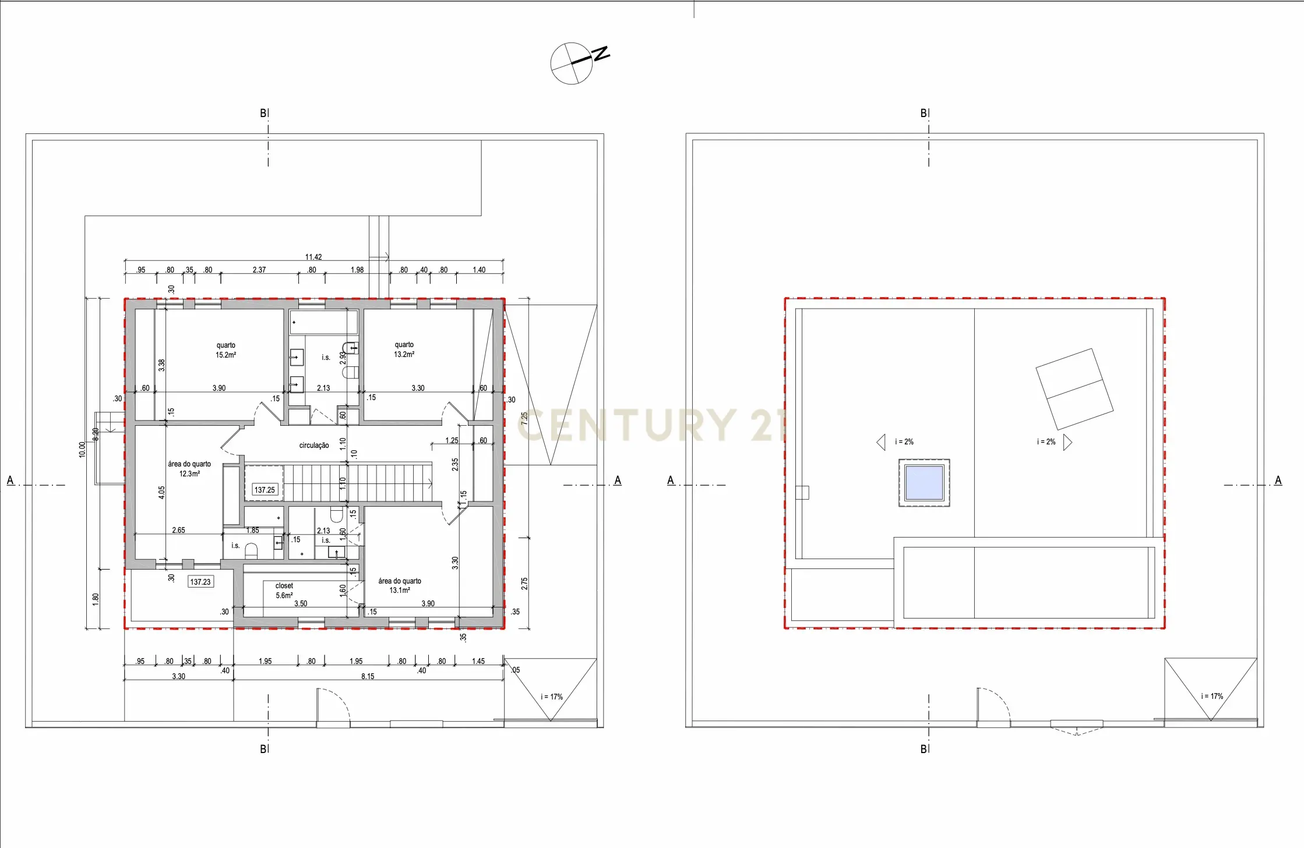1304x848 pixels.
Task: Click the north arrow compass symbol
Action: [572, 63]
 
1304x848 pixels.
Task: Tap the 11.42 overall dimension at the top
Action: [313, 257]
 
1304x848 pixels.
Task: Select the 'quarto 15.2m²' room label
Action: [226, 350]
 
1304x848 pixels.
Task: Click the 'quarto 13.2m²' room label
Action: [404, 349]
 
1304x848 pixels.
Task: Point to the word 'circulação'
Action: [314, 446]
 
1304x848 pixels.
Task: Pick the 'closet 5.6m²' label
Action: [284, 591]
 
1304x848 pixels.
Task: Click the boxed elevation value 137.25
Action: [265, 490]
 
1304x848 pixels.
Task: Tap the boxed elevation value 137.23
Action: [200, 582]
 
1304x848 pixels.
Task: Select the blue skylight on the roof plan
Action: [924, 483]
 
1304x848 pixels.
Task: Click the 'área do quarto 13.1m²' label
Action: [400, 585]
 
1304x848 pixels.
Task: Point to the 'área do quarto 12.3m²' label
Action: [189, 469]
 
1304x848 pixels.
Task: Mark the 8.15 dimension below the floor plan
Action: [368, 676]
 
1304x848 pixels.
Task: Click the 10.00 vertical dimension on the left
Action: [82, 450]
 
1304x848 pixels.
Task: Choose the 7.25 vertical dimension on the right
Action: [524, 418]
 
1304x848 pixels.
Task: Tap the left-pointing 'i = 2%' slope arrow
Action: [881, 442]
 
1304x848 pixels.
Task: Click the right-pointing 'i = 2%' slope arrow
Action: [1067, 442]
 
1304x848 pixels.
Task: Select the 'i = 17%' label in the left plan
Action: [551, 697]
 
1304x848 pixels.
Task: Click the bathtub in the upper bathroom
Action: [323, 322]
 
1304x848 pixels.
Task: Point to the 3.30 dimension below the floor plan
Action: [179, 676]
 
